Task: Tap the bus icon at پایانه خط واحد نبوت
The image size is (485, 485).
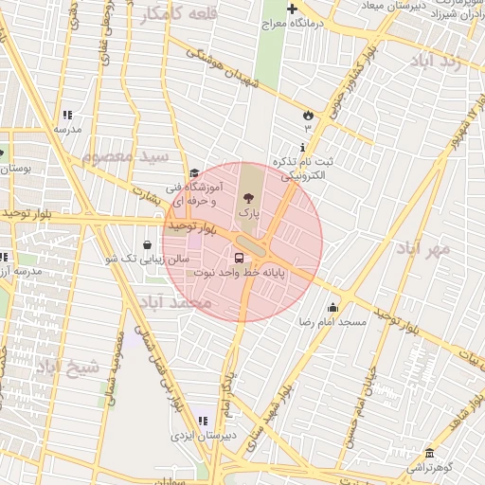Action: (238, 257)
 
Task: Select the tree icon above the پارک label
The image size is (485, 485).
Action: (248, 199)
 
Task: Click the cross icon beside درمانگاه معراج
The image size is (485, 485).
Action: (292, 8)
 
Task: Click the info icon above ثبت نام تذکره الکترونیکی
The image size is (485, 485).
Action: (301, 148)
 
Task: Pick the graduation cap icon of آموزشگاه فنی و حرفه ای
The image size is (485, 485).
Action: (194, 173)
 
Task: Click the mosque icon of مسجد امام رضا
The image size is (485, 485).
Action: (332, 307)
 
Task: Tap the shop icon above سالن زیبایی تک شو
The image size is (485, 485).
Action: (147, 244)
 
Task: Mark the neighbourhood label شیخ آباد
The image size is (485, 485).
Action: (68, 365)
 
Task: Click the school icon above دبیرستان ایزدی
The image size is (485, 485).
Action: (202, 421)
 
